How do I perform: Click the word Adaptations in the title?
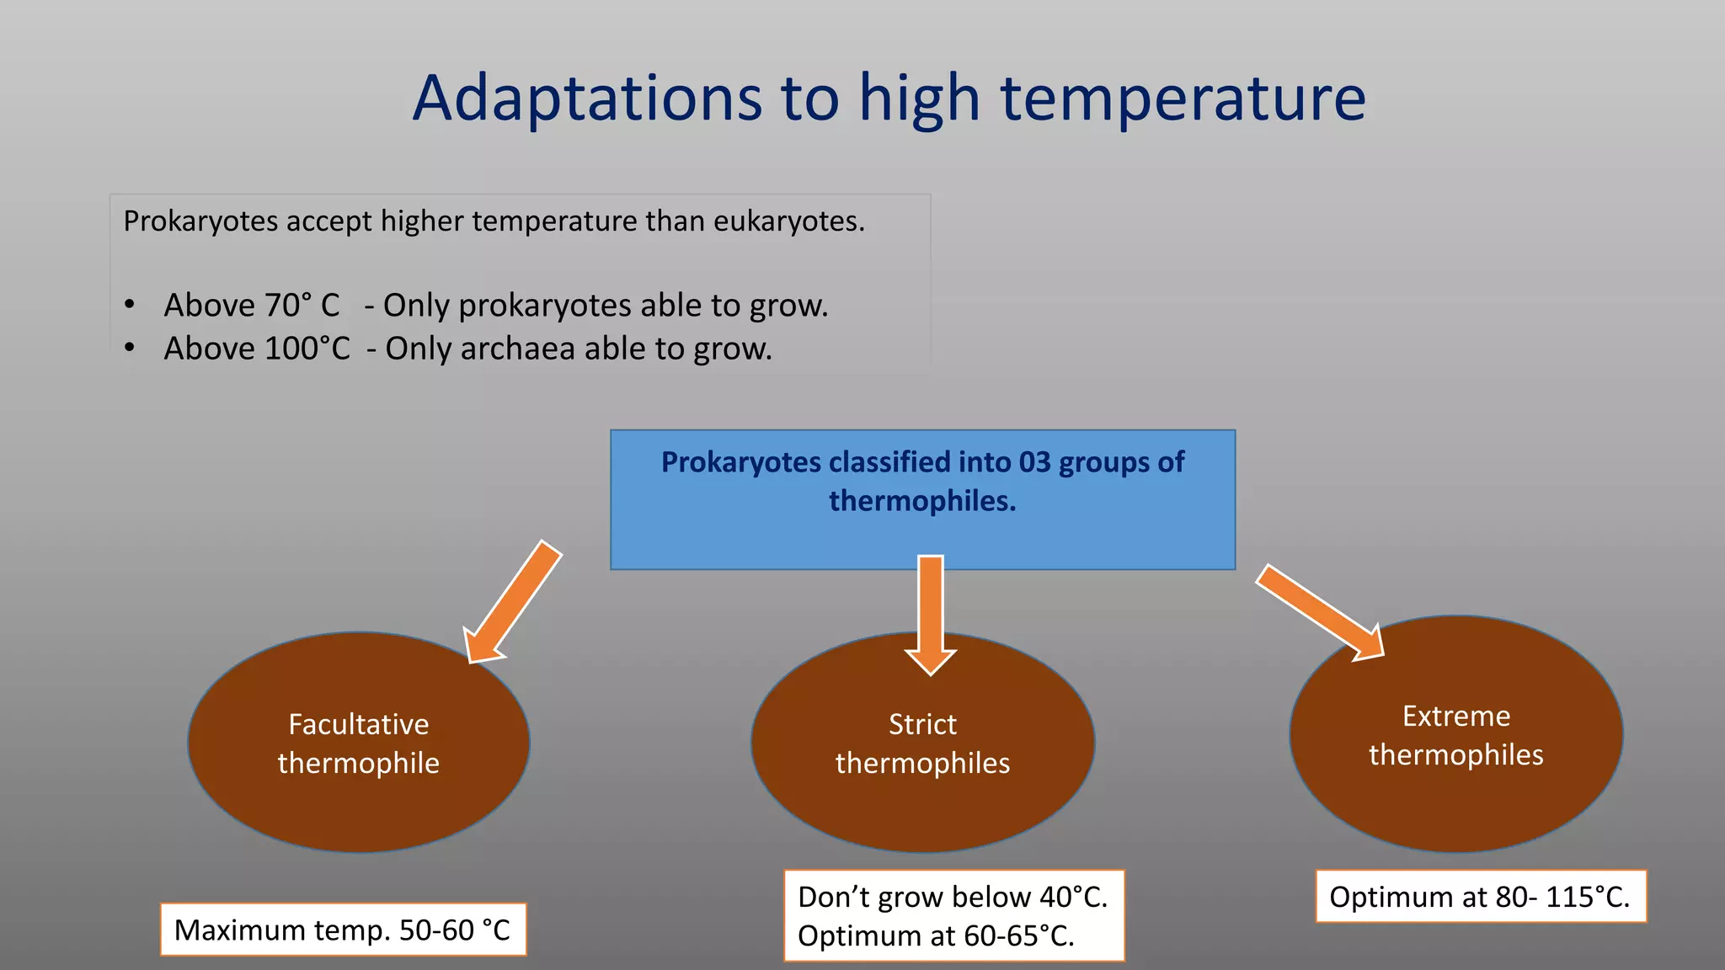point(587,99)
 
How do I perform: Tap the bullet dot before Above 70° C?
point(129,305)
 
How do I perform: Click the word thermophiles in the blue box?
point(922,501)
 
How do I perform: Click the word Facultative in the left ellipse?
point(359,724)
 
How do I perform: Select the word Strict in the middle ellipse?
point(922,724)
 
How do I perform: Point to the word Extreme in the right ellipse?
point(1455,716)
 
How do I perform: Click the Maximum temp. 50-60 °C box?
point(343,930)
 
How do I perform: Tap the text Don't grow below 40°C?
point(952,898)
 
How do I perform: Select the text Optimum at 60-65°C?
point(936,936)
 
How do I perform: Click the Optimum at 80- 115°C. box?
point(1480,897)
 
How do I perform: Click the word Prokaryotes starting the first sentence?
point(200,221)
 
